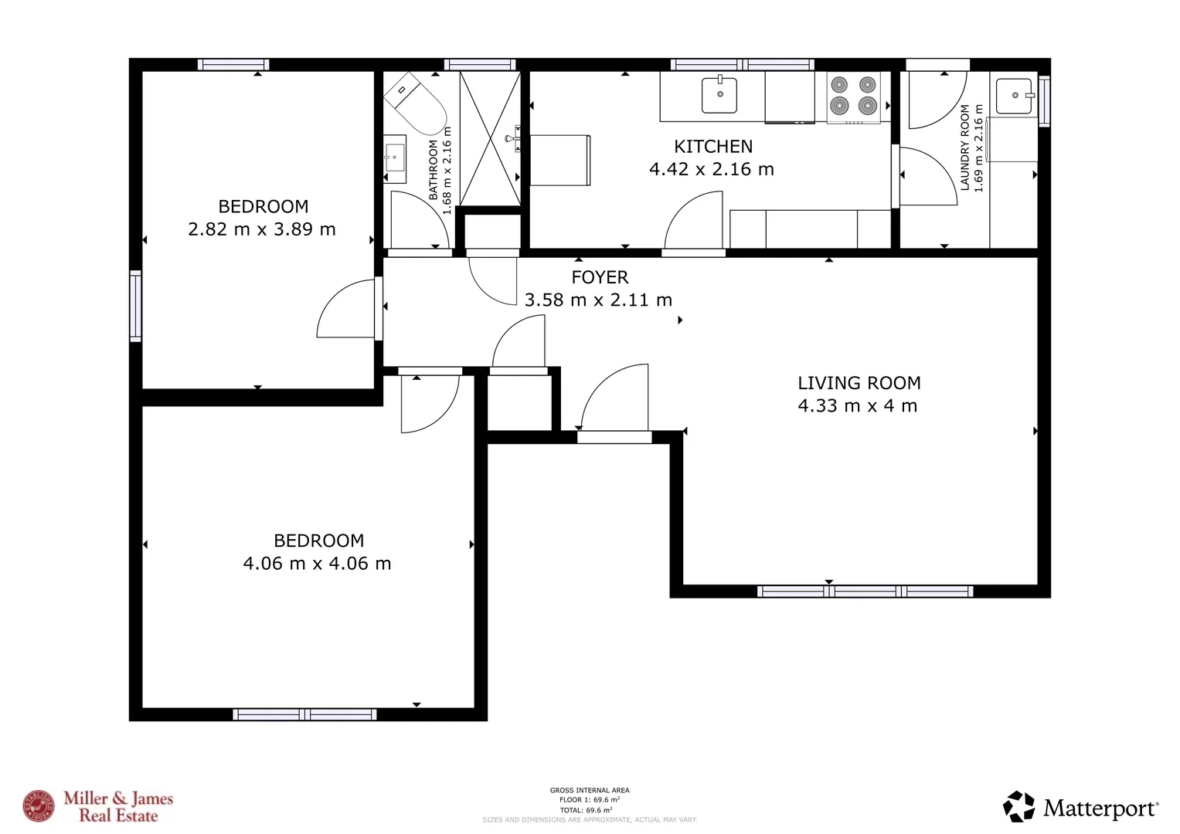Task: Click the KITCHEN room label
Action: [712, 147]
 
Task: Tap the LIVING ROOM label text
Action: [859, 383]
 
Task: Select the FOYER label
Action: [600, 277]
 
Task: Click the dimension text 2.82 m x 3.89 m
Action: [262, 229]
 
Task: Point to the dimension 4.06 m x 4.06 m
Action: [317, 564]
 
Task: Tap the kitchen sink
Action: [719, 95]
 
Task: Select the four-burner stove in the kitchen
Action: [853, 97]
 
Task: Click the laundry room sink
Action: [1014, 96]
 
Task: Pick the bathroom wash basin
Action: [395, 158]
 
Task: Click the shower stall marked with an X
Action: [490, 139]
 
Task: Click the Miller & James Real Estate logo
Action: [98, 807]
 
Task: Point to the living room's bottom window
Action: [865, 592]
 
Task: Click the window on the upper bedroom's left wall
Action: [136, 306]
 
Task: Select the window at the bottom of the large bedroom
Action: [304, 714]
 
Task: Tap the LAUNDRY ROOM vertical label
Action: [964, 147]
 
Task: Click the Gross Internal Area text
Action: [589, 790]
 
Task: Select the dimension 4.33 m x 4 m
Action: [857, 406]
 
